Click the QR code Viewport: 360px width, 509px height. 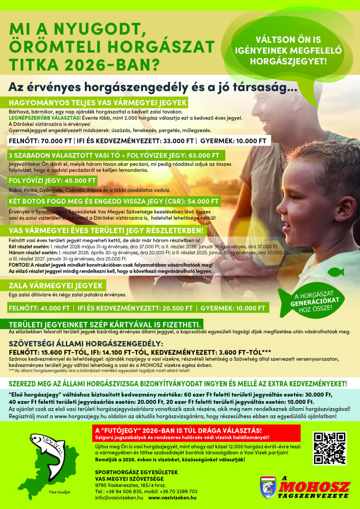click(329, 448)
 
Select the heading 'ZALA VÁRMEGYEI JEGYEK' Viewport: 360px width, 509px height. click(56, 286)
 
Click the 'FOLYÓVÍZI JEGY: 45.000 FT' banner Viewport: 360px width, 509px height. click(53, 181)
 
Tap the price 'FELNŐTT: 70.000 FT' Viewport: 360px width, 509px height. click(40, 141)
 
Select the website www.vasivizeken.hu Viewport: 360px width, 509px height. click(172, 498)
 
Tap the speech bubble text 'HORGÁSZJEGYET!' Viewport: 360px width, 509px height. click(288, 61)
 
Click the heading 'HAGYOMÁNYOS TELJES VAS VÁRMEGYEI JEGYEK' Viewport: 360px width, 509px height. click(98, 103)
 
